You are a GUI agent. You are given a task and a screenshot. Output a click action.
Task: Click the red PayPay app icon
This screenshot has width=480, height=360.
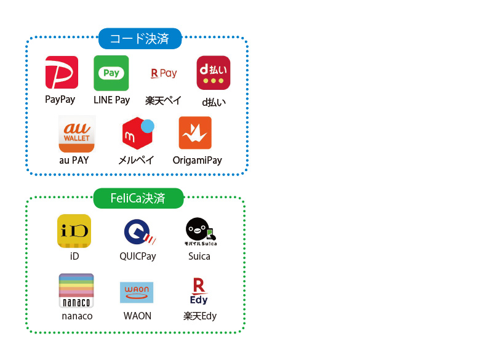[62, 72]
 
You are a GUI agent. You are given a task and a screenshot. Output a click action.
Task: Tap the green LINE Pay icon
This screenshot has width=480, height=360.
[111, 73]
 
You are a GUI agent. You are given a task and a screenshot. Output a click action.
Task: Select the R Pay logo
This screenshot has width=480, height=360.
[164, 73]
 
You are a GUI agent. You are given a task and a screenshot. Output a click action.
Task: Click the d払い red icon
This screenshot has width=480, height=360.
[214, 73]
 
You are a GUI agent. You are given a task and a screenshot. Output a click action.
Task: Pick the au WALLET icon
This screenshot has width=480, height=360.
[76, 134]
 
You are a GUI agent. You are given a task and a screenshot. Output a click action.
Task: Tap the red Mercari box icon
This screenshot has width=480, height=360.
[137, 133]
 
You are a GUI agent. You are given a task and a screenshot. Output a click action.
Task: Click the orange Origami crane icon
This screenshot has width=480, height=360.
[195, 133]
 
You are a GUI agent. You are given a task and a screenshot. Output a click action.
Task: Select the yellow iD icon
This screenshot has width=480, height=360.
[74, 231]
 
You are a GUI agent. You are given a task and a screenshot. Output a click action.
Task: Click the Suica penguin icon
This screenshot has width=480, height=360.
[201, 231]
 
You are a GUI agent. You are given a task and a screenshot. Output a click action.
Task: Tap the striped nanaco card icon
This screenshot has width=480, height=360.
[76, 290]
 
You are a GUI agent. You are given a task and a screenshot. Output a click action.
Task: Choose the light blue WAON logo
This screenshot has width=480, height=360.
[137, 292]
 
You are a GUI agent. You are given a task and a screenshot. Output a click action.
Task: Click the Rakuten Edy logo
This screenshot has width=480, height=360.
[199, 291]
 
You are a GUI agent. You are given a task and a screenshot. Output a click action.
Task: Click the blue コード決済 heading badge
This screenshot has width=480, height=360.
[140, 39]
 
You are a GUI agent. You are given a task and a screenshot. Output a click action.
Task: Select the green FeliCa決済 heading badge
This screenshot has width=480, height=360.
[138, 198]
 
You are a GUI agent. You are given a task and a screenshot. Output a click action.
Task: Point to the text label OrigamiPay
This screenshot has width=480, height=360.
[197, 161]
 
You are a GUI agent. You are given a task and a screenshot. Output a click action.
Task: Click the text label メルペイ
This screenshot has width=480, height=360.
[136, 160]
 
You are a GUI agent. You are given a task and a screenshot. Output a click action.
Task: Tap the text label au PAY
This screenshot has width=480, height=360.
[74, 160]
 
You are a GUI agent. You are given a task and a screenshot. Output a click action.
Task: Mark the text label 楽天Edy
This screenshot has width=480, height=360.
[200, 316]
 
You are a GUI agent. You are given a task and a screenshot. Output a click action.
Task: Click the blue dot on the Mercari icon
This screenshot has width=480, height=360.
[148, 126]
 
